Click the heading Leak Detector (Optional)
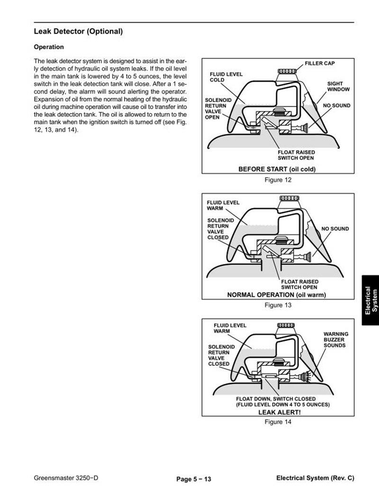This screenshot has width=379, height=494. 78,32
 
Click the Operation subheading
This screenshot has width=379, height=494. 48,47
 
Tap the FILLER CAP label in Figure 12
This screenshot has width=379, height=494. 320,63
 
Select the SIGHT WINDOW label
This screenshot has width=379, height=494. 338,86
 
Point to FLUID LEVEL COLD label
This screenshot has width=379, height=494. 226,77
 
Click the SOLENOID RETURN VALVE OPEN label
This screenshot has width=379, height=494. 218,109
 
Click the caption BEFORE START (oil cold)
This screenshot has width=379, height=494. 277,169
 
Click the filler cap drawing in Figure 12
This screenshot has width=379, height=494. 287,72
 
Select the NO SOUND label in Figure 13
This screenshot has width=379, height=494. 335,229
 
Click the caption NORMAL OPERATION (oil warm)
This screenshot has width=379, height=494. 277,294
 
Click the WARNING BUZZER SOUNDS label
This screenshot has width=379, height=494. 335,340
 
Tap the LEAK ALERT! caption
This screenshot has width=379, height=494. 279,412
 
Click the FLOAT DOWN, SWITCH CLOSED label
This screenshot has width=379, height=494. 282,399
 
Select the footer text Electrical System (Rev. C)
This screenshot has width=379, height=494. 315,478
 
